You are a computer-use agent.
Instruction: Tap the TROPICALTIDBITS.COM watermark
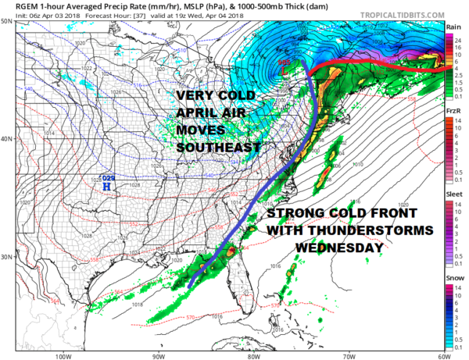400,15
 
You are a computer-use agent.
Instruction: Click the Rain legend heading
452,27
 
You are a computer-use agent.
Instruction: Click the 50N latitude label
6,22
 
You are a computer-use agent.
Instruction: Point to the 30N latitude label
6,257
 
